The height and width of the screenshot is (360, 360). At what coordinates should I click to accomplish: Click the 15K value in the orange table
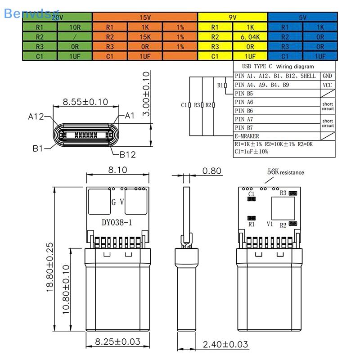pyautogui.click(x=145, y=36)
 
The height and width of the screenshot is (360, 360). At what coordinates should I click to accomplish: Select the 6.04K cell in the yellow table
pyautogui.click(x=250, y=36)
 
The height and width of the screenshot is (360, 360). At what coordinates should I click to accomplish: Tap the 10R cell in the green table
pyautogui.click(x=75, y=27)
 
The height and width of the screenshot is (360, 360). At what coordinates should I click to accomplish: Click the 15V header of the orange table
pyautogui.click(x=145, y=17)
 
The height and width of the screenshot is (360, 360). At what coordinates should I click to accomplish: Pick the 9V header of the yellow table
pyautogui.click(x=233, y=17)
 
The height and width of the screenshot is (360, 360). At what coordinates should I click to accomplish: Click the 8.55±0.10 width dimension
pyautogui.click(x=85, y=102)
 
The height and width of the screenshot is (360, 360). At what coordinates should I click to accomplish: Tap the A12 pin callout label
pyautogui.click(x=36, y=117)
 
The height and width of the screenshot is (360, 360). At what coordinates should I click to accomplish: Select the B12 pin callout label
pyautogui.click(x=128, y=155)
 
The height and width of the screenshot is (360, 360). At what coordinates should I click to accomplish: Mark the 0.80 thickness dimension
pyautogui.click(x=211, y=171)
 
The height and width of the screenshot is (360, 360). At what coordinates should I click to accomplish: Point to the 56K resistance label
pyautogui.click(x=285, y=172)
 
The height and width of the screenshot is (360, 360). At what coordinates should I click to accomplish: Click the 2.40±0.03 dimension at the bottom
pyautogui.click(x=225, y=344)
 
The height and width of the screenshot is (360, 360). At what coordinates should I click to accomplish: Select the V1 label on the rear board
pyautogui.click(x=270, y=223)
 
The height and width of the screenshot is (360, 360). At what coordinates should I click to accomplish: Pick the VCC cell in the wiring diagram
pyautogui.click(x=327, y=85)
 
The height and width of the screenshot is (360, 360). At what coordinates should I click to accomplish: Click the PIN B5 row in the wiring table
pyautogui.click(x=244, y=93)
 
